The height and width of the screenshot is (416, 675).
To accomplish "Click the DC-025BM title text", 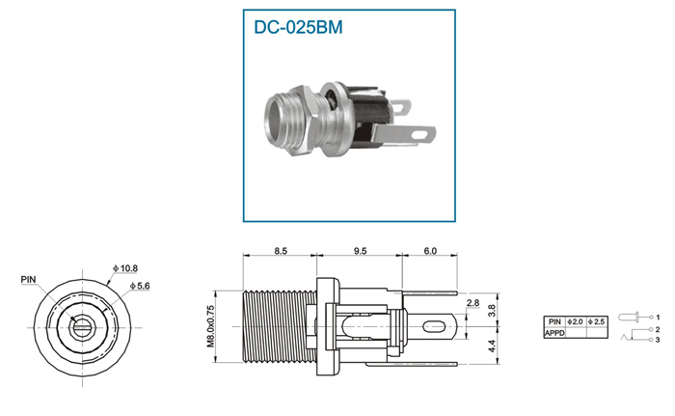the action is [298, 27].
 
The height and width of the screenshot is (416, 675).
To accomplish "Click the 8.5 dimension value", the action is [281, 251].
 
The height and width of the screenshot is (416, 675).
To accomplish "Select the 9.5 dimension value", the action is [360, 251].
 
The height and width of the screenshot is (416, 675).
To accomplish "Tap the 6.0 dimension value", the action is [430, 251].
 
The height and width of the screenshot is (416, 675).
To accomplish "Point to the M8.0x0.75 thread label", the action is [210, 326].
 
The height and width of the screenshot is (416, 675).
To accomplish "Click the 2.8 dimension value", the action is [472, 303].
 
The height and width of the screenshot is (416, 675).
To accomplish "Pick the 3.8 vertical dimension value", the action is [492, 311].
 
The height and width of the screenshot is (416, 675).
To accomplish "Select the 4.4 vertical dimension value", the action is [492, 346].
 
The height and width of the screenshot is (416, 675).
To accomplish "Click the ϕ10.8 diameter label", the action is [125, 268].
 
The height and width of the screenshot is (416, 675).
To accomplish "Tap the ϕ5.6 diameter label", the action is [140, 286].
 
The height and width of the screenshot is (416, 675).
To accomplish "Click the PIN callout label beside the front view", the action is [28, 280].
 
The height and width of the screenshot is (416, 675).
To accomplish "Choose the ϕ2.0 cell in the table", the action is [575, 321].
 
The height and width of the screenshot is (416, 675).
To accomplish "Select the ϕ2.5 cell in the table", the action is [597, 321].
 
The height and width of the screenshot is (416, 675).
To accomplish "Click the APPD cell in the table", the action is [554, 333].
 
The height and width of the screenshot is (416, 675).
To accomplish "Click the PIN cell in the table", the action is [554, 321].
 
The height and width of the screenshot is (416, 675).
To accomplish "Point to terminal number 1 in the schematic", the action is [658, 318].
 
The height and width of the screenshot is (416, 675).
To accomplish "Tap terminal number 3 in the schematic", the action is [658, 340].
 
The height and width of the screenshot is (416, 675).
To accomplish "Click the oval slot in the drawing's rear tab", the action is [433, 326].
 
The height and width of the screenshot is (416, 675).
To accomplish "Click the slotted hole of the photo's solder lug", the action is [419, 135].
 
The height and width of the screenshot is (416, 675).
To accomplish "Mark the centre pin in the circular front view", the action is [81, 328].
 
